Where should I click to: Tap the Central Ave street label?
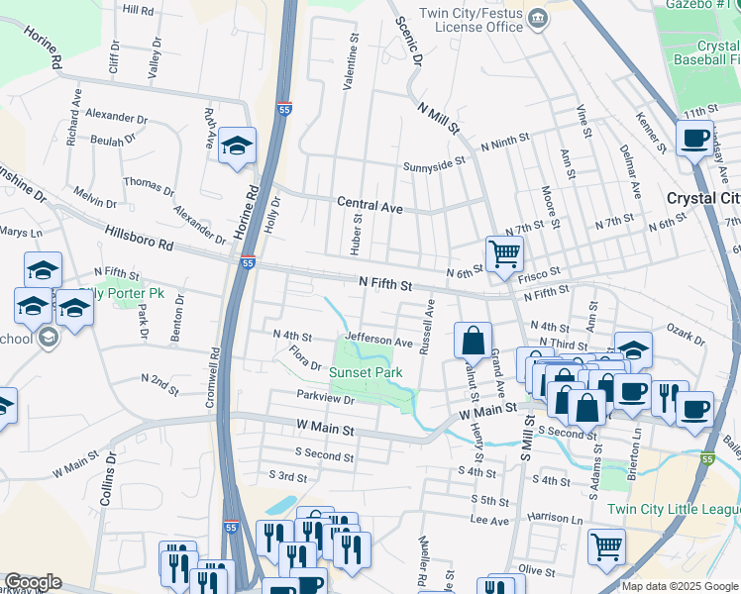(x=370, y=206)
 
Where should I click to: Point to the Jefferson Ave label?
(x=378, y=342)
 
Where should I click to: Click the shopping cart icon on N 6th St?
(x=505, y=254)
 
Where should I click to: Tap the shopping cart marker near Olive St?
(x=606, y=545)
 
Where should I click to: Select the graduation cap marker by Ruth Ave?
(x=238, y=146)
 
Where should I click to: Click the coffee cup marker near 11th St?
(x=694, y=138)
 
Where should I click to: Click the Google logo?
(x=33, y=582)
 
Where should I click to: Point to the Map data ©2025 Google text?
(x=680, y=586)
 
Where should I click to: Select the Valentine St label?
(x=350, y=61)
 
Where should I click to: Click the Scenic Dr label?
(x=408, y=41)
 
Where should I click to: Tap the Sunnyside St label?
(x=433, y=163)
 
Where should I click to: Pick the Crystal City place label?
(x=703, y=198)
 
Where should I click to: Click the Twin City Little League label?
(x=673, y=509)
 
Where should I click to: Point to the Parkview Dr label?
(x=326, y=398)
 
